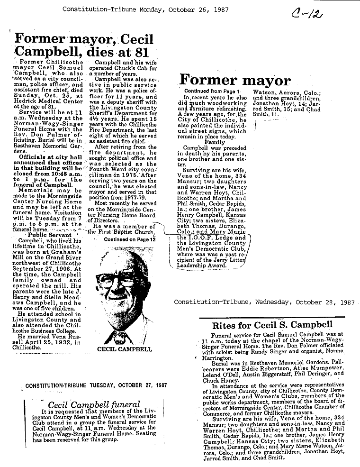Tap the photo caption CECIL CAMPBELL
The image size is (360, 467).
point(125,349)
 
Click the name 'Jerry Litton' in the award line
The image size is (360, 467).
point(232,260)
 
